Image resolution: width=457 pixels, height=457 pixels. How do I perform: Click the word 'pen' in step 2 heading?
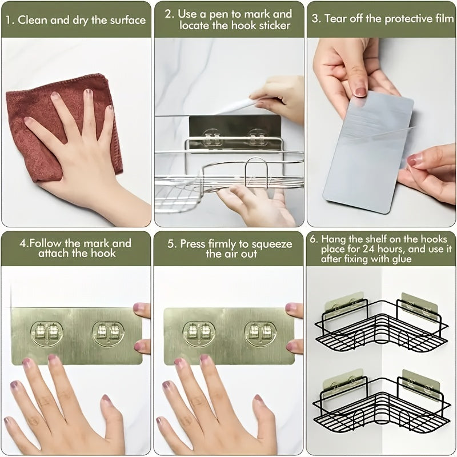223,14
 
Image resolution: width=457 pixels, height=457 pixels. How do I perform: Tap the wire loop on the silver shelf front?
257,171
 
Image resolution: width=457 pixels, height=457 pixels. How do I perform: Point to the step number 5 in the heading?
171,244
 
